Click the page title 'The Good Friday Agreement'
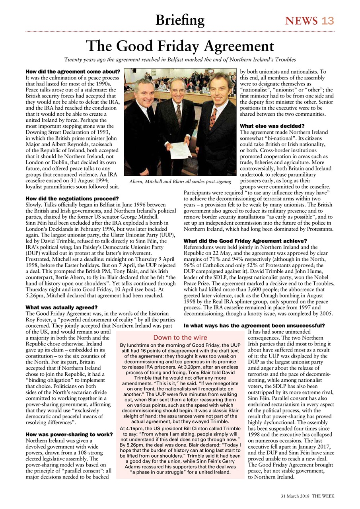click(x=180, y=46)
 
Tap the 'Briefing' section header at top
click(x=180, y=20)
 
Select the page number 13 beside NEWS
click(x=328, y=21)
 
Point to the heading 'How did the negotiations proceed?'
click(x=72, y=198)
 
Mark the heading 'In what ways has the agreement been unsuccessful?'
click(x=254, y=325)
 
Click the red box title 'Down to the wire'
click(x=180, y=338)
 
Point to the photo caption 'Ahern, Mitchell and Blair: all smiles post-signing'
click(x=180, y=182)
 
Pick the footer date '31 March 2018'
click(x=295, y=496)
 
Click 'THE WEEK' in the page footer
click(x=323, y=496)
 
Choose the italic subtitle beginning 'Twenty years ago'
click(x=180, y=60)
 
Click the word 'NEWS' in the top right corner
click(x=301, y=21)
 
